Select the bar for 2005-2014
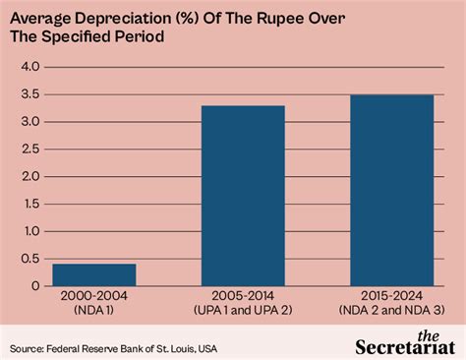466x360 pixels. point(243,195)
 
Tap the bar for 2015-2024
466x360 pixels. point(391,190)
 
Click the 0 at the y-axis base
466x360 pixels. point(33,286)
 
